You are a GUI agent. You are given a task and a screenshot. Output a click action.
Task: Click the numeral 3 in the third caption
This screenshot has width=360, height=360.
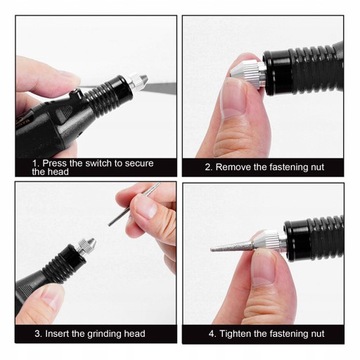pos(37,334)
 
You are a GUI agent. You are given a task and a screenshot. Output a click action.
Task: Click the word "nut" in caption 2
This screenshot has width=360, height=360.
pos(316,167)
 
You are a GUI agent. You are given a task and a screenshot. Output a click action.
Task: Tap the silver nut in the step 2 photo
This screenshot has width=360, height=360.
pos(248,73)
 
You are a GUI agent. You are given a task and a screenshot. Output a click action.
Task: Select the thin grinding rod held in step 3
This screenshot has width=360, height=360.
pos(133,204)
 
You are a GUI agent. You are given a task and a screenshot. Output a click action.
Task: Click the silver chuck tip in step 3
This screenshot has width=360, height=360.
pos(86,246)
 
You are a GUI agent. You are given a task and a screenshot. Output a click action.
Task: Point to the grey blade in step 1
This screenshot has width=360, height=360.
pos(159,88)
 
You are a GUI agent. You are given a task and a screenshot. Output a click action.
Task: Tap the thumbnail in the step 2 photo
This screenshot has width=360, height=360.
pos(233,98)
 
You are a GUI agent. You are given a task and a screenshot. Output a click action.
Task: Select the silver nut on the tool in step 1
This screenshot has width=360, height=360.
pos(137,82)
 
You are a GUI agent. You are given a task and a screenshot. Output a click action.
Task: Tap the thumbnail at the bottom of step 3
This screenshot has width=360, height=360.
pos(52,296)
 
